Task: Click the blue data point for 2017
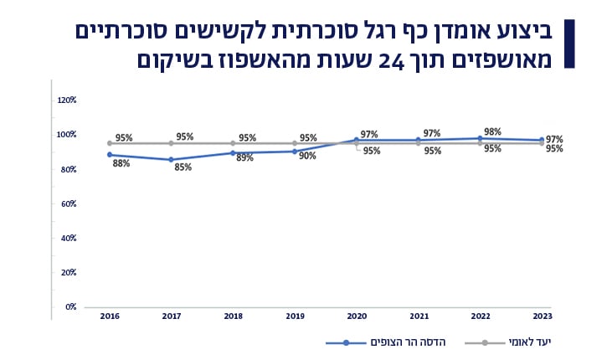(171, 159)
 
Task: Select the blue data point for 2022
(481, 138)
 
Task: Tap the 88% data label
(121, 163)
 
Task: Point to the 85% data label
(183, 167)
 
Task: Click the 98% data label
(492, 131)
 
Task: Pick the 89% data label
(244, 157)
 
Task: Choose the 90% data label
(306, 156)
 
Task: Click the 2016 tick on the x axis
(109, 316)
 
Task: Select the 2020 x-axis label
(357, 316)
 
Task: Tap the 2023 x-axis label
(543, 316)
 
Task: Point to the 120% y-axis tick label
(67, 100)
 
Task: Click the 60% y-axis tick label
(69, 203)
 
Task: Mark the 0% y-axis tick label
(71, 307)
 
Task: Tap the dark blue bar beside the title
(569, 44)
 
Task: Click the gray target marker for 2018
(233, 143)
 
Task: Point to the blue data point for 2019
(295, 152)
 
